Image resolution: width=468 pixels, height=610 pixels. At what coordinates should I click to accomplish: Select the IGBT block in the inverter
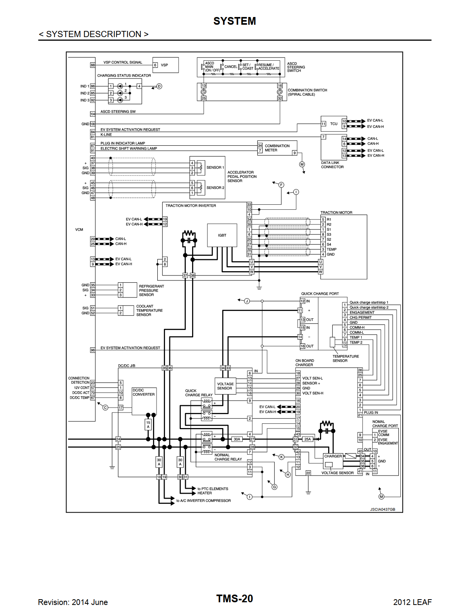(222, 235)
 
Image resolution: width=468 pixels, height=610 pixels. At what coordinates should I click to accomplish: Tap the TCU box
(334, 124)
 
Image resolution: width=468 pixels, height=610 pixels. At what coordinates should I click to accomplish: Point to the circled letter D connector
(159, 86)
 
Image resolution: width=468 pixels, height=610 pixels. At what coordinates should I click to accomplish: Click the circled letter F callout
(281, 185)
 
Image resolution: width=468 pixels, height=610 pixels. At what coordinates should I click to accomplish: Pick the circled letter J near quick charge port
(247, 301)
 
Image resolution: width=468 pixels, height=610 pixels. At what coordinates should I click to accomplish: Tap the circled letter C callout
(105, 408)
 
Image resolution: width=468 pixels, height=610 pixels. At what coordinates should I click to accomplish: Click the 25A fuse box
(308, 439)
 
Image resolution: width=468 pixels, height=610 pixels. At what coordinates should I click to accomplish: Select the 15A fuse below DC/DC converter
(148, 425)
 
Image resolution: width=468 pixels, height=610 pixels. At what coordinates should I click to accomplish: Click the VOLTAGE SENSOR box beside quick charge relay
(225, 386)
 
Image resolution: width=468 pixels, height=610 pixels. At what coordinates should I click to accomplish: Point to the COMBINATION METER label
(277, 148)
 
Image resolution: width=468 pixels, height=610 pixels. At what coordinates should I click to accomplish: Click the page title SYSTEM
(235, 21)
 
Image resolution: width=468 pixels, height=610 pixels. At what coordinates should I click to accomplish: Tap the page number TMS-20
(234, 599)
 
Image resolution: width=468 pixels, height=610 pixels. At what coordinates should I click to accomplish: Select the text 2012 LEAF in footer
(412, 602)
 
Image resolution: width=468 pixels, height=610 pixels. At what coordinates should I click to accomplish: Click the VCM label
(79, 229)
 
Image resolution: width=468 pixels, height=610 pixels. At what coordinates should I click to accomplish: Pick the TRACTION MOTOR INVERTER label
(191, 206)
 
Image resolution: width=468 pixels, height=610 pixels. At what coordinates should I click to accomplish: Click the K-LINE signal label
(106, 135)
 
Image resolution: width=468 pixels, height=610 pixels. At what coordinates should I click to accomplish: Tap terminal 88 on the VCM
(93, 65)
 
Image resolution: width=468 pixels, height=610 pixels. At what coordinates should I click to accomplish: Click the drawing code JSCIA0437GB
(383, 510)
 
